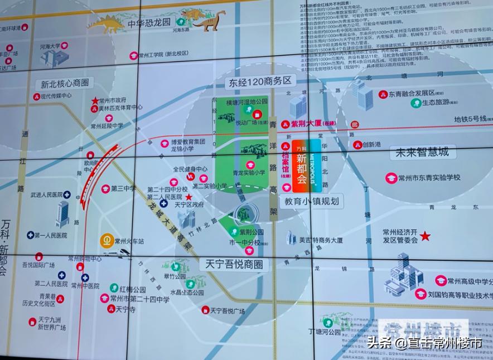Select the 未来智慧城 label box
pos(422,153)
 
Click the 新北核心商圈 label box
pos(65,84)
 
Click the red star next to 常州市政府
pos(95,101)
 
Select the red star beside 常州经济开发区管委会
pos(426,236)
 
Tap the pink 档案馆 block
pos(286,162)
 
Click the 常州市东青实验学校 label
pos(432,177)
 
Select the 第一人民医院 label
pos(50,236)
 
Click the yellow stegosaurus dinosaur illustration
pos(106,24)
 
